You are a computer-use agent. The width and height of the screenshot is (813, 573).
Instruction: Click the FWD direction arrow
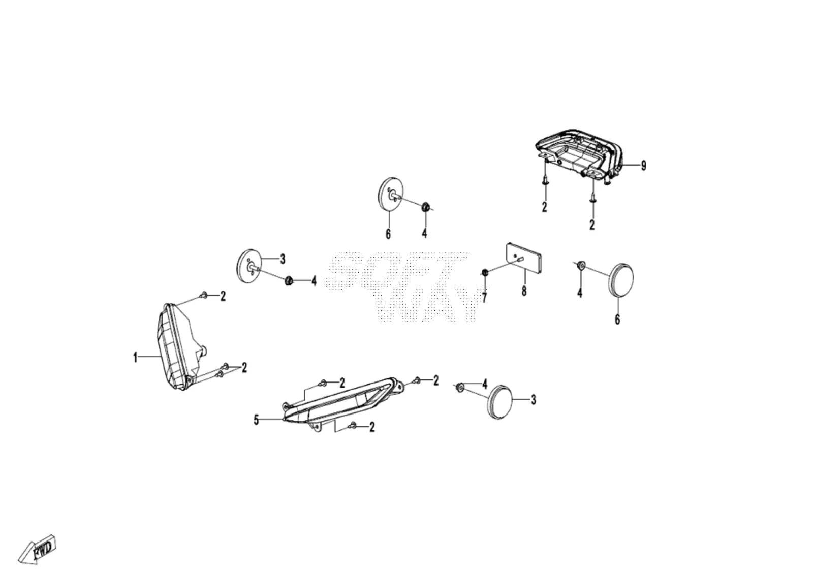[x=38, y=549]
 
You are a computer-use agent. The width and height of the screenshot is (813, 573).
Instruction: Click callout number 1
[x=135, y=358]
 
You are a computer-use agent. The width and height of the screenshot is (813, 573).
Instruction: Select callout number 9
[x=643, y=166]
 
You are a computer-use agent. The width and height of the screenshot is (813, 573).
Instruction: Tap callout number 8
[x=524, y=291]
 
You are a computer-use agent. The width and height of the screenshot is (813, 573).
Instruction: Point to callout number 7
[x=484, y=298]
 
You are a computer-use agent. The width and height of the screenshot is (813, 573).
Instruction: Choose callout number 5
[x=256, y=421]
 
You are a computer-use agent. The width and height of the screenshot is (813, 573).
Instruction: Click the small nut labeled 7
[x=484, y=272]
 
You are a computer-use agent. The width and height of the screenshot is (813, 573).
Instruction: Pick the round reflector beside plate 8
[x=621, y=280]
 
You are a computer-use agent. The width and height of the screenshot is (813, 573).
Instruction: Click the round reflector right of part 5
[x=499, y=402]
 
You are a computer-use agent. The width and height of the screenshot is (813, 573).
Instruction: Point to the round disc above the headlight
[x=248, y=265]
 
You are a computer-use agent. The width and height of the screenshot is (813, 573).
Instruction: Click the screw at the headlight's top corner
[x=204, y=296]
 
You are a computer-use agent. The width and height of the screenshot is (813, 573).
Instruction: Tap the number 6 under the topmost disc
[x=388, y=234]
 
